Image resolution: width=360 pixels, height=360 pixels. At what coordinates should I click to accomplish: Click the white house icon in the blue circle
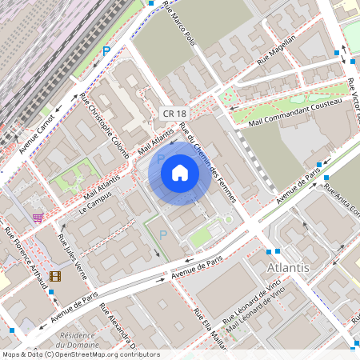tap(180, 173)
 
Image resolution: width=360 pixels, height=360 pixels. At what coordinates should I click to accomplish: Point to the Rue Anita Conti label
tap(342, 200)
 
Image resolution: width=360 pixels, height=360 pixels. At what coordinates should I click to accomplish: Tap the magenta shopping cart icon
tap(38, 217)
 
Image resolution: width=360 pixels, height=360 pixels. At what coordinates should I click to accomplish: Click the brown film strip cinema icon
tap(54, 276)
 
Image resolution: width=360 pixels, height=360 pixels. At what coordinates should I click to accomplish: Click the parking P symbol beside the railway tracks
tap(106, 50)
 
